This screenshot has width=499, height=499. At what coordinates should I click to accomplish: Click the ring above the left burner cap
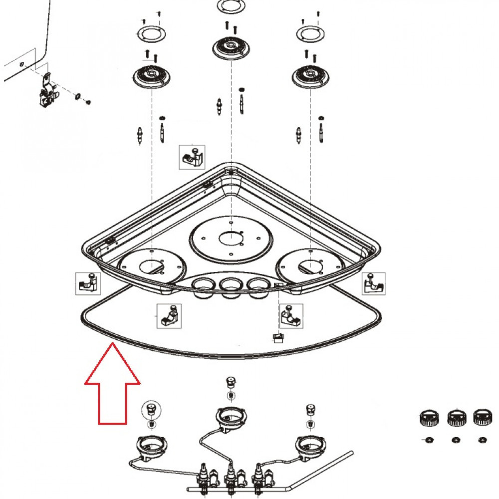150,35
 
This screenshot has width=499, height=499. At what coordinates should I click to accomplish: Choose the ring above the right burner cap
311,35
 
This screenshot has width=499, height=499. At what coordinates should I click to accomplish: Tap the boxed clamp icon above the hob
192,157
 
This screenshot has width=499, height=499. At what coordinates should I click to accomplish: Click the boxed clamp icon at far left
88,283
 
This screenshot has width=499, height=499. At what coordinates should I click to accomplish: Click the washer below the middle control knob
455,440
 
